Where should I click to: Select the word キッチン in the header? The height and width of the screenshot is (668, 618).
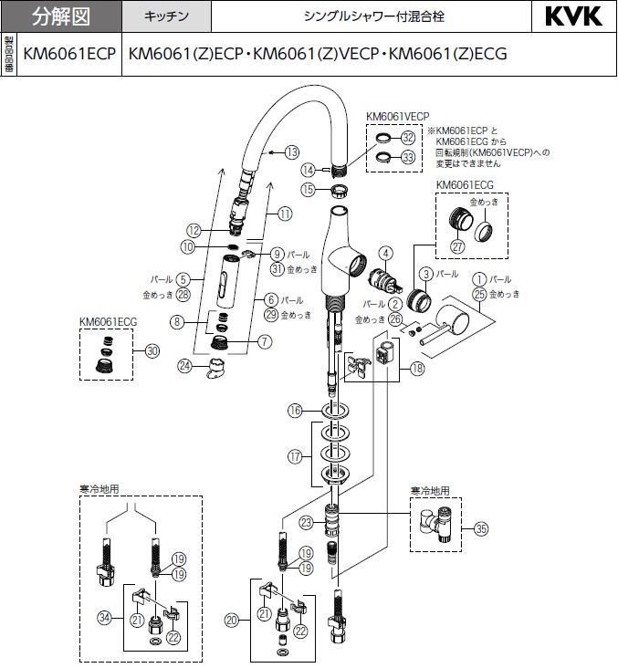166,17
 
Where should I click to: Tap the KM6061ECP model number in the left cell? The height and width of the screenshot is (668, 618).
69,54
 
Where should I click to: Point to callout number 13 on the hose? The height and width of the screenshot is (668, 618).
291,151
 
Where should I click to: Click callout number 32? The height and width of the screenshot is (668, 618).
408,138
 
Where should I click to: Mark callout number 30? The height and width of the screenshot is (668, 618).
152,350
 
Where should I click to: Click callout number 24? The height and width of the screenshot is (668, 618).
185,366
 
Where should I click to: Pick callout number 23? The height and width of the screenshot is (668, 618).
306,522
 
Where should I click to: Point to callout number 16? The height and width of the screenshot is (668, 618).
295,412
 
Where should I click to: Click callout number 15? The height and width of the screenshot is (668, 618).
309,190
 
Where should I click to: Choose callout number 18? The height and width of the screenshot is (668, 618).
417,369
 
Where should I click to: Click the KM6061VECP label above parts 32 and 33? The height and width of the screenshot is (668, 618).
397,117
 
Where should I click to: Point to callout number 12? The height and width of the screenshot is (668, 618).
194,231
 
